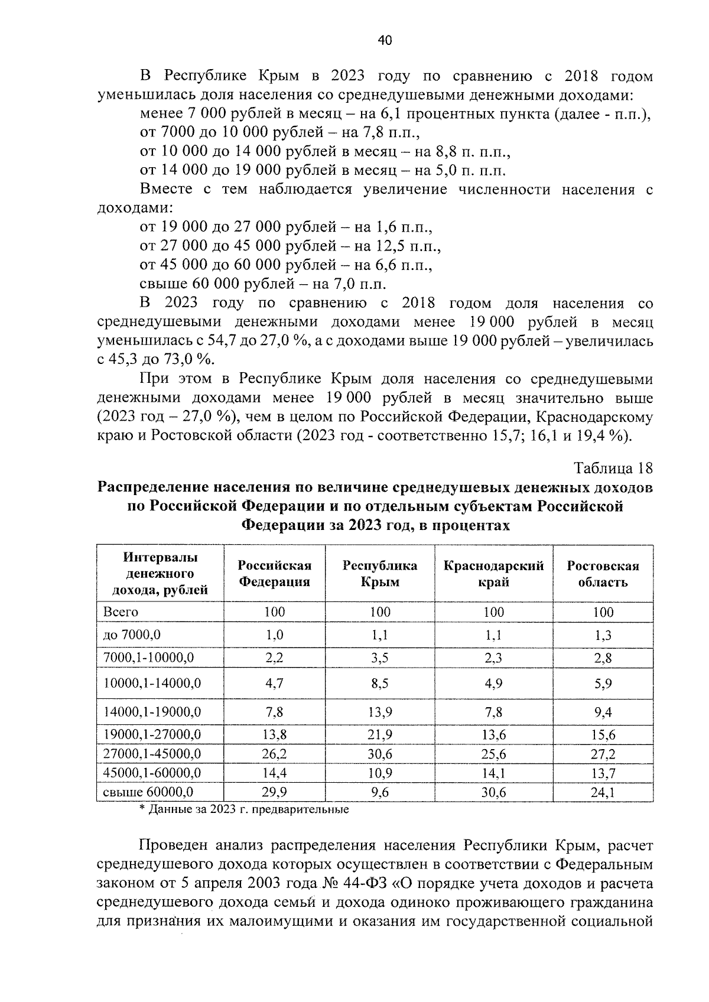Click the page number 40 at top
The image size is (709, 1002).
click(x=384, y=40)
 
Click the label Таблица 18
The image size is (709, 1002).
click(x=613, y=469)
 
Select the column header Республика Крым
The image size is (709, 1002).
click(x=380, y=574)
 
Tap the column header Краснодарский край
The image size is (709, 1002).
click(x=493, y=574)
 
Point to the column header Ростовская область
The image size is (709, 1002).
click(x=603, y=574)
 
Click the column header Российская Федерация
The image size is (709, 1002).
click(x=274, y=574)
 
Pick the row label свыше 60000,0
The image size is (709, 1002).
click(x=148, y=792)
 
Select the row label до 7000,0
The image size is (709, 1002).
click(x=132, y=635)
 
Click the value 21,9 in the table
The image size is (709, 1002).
click(x=380, y=734)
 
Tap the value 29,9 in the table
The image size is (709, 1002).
click(x=274, y=792)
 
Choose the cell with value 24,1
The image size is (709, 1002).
click(x=603, y=792)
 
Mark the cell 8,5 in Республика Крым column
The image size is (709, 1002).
click(x=380, y=684)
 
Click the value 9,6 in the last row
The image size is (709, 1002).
click(x=380, y=792)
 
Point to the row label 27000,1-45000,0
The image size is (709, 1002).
click(x=152, y=753)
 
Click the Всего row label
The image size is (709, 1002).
click(x=121, y=612)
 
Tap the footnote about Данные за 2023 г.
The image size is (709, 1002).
click(x=243, y=809)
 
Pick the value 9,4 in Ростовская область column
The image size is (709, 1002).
click(x=603, y=713)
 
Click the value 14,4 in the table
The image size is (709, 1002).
click(x=274, y=772)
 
